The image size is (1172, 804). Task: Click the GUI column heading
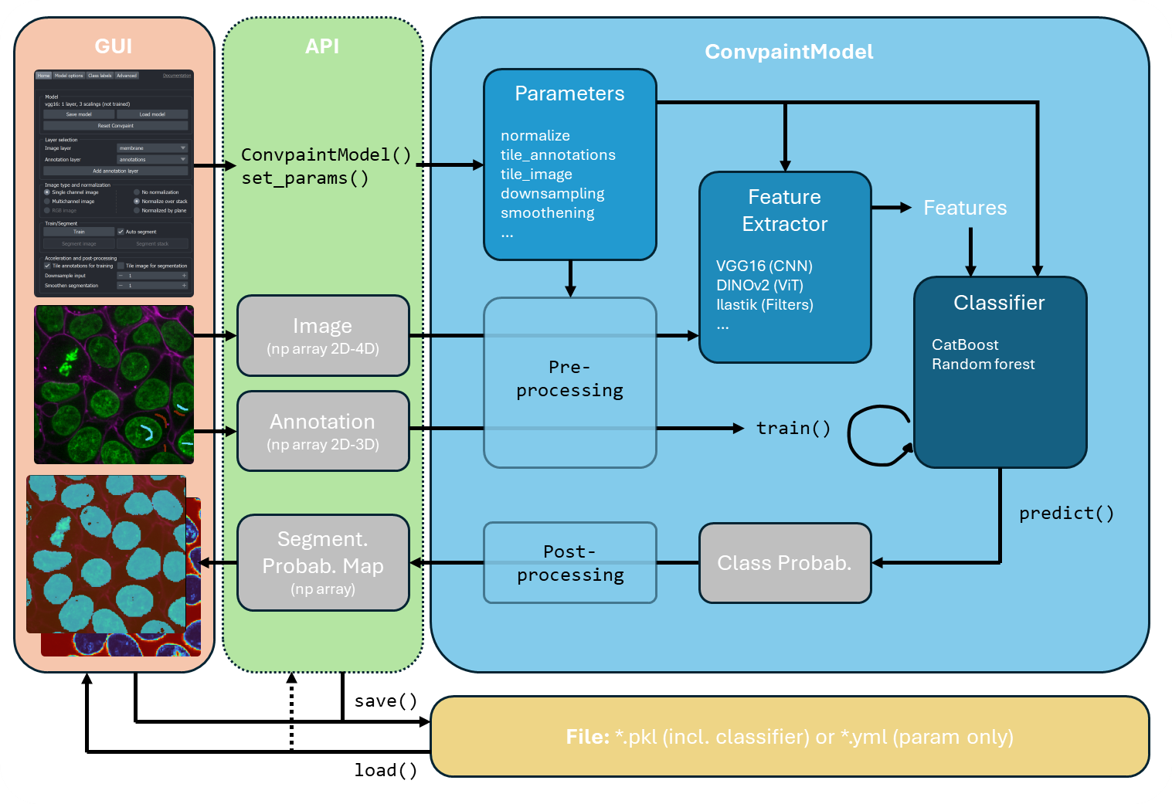tap(114, 46)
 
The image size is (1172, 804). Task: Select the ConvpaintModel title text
tap(789, 52)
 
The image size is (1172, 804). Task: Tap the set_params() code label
tap(304, 178)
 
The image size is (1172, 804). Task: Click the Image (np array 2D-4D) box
tap(323, 336)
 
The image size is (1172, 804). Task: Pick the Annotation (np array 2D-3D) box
tap(323, 431)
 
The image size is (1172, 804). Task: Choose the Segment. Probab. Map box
tap(323, 563)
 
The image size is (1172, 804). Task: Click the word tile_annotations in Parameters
tap(558, 155)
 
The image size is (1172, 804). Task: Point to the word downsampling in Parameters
tap(552, 194)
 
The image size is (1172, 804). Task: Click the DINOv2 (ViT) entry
tap(759, 286)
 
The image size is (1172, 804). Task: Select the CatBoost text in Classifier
tap(965, 345)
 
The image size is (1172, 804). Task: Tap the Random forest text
tap(983, 365)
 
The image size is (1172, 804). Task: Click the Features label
tap(965, 208)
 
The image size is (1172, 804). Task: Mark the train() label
tap(793, 428)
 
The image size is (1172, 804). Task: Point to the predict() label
tap(1066, 514)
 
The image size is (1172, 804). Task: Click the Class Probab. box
tap(784, 563)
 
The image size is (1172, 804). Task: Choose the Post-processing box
tap(570, 563)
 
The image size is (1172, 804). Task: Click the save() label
tap(386, 701)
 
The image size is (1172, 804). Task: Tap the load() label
tap(386, 770)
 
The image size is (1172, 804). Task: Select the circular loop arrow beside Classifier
tap(877, 436)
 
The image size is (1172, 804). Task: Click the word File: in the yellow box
tap(588, 737)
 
